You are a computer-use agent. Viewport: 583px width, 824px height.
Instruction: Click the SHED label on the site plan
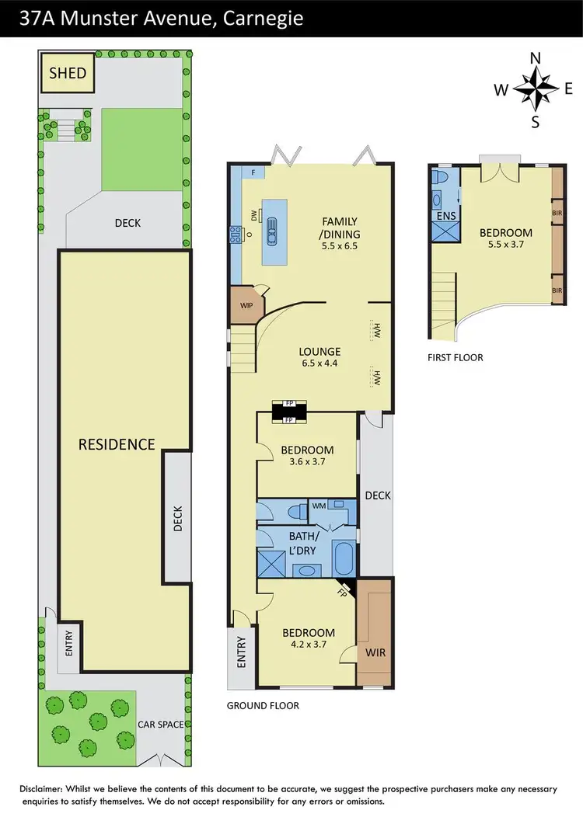pos(68,73)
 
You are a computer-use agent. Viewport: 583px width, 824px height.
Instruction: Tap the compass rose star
pos(535,89)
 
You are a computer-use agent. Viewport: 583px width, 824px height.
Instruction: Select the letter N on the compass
pos(535,58)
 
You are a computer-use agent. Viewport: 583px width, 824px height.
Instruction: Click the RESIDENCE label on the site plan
pos(117,444)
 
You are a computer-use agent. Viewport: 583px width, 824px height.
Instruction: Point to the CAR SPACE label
pos(161,725)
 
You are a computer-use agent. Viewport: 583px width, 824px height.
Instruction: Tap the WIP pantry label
pos(246,305)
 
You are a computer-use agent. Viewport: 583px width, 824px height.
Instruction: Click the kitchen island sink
pos(272,231)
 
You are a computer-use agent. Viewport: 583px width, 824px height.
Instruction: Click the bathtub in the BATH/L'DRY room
pos(343,558)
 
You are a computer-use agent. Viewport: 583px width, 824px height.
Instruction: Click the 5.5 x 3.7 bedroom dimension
pos(505,245)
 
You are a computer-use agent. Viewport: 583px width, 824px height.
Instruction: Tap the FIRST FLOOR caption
pos(456,357)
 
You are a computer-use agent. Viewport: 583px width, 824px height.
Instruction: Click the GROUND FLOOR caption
pos(263,706)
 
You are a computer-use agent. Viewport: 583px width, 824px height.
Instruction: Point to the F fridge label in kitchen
pos(253,172)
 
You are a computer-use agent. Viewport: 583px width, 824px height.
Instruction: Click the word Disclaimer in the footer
pos(44,787)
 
